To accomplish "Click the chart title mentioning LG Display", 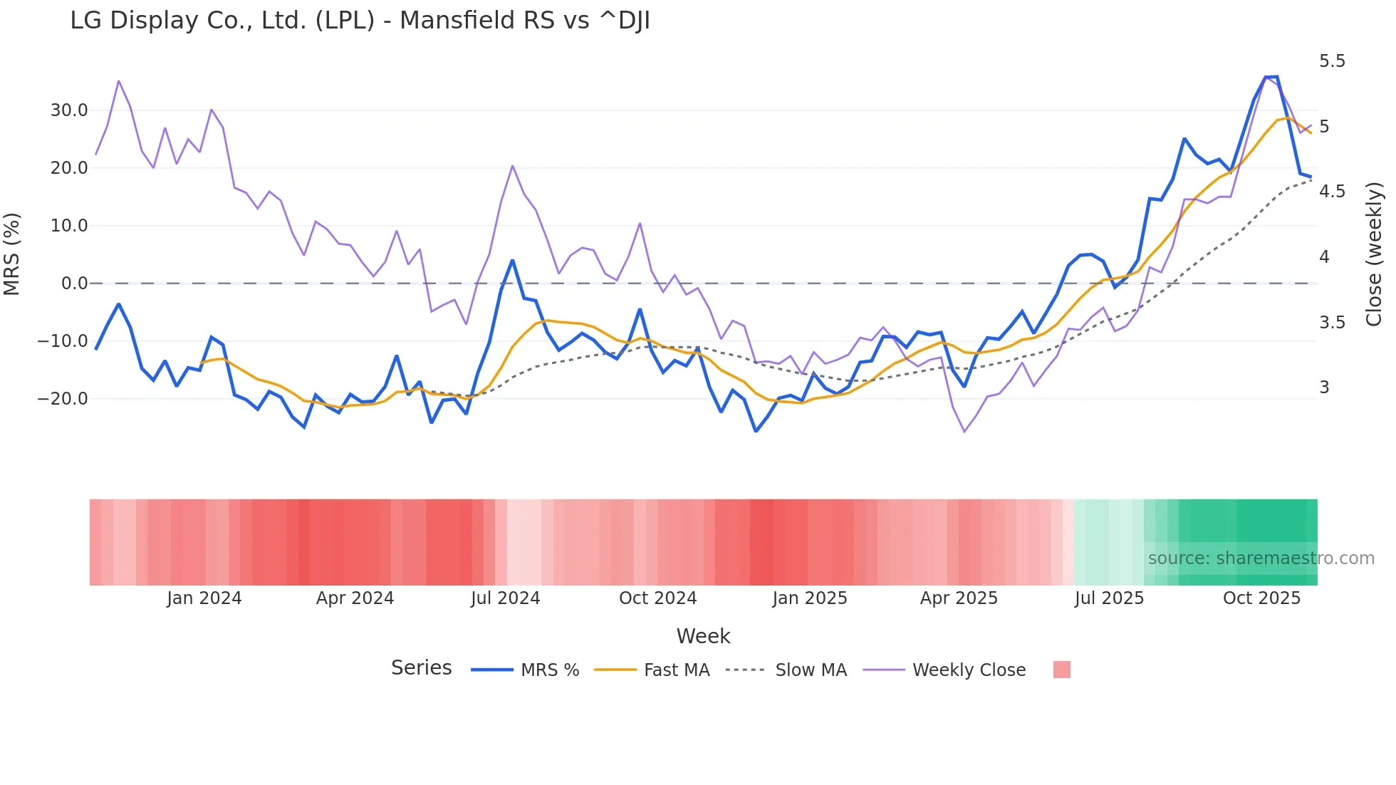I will (360, 21).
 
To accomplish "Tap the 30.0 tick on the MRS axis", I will (69, 110).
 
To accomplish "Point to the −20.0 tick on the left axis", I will (63, 399).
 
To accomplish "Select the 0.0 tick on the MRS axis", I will (74, 284).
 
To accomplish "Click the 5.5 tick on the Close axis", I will (1332, 61).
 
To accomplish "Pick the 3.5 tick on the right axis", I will (1332, 323).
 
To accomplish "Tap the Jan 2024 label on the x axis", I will (204, 598).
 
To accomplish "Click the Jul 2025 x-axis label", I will (1109, 598).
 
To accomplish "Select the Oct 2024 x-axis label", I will (657, 598).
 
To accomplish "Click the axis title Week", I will (703, 636).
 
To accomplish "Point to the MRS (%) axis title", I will (12, 254).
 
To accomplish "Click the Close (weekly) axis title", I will (1374, 254).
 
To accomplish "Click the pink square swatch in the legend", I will (1061, 670).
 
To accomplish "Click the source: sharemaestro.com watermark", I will (1261, 558).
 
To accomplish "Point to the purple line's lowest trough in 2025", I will (964, 432).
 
